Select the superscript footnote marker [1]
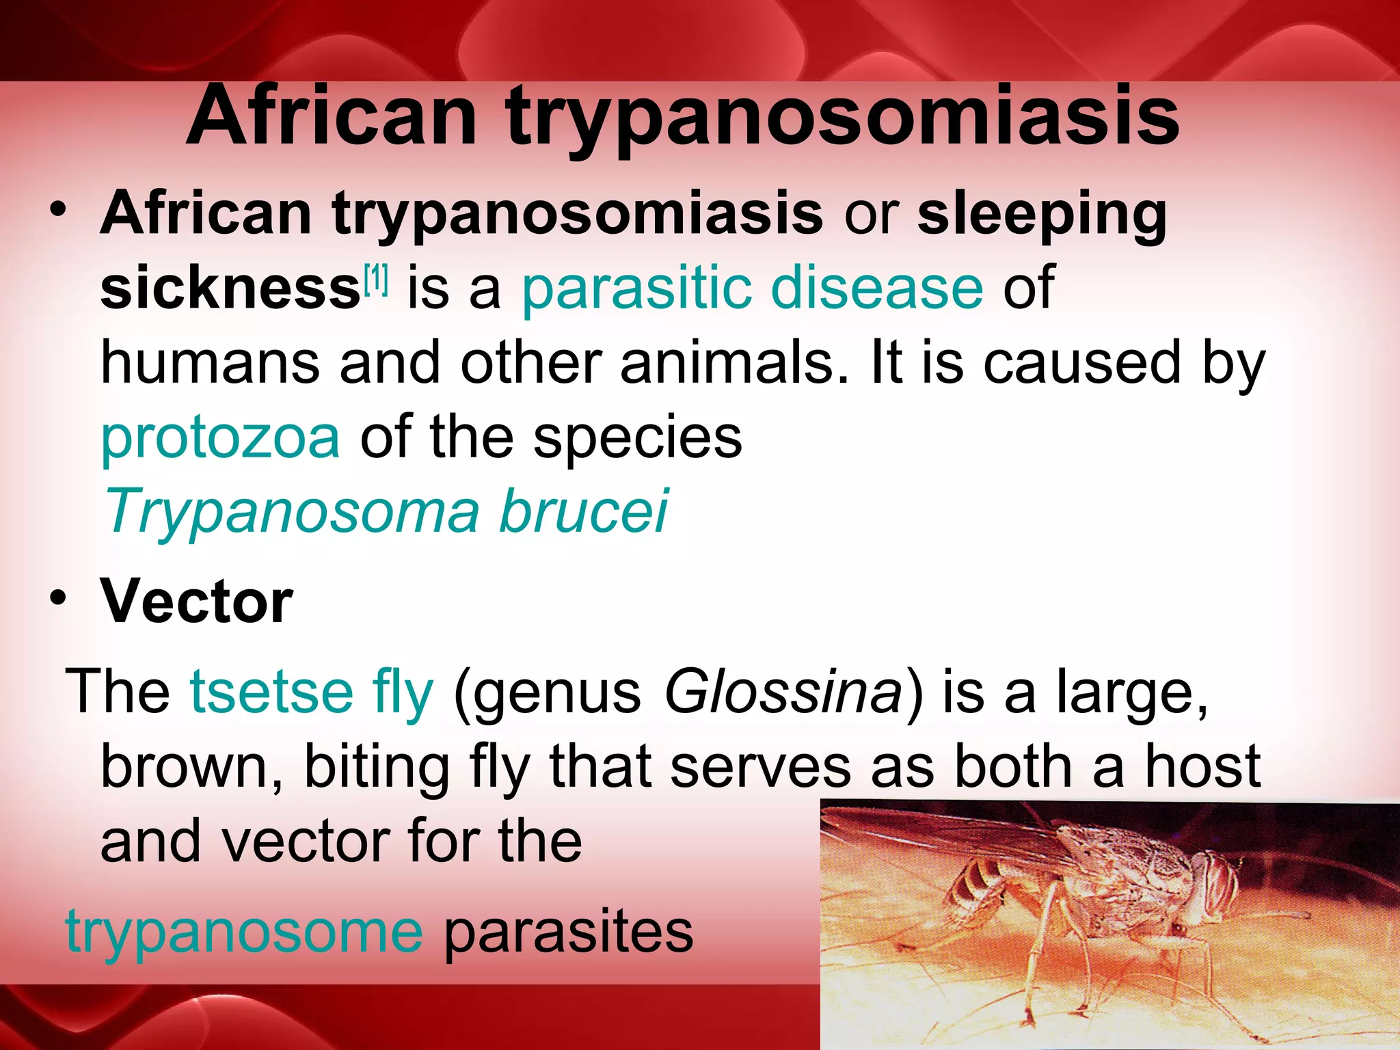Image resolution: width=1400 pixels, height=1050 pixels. pyautogui.click(x=376, y=279)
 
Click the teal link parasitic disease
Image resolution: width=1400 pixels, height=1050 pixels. pyautogui.click(x=752, y=290)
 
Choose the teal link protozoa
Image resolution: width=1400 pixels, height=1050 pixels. pyautogui.click(x=220, y=439)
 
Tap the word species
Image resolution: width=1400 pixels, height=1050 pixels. pyautogui.click(x=637, y=439)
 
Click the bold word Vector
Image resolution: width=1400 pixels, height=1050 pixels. pyautogui.click(x=197, y=602)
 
